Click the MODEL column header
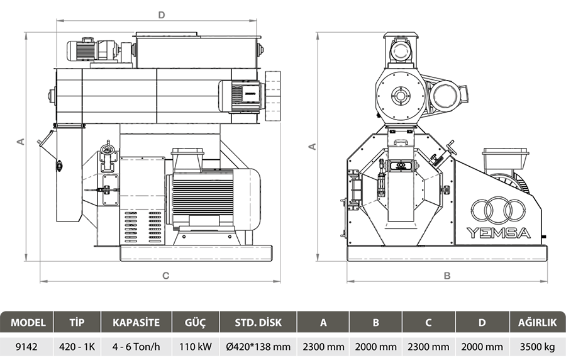pos(28,322)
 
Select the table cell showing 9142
pos(26,347)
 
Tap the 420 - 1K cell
pos(77,347)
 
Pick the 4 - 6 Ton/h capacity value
pos(136,347)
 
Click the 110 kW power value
pos(196,347)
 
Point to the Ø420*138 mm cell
pos(258,347)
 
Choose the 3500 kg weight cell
pos(537,347)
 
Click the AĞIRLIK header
pos(538,322)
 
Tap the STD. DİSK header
pos(258,322)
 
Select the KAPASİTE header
pos(136,322)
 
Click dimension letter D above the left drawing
pos(162,15)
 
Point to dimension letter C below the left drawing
pos(165,276)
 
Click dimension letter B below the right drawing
pos(447,276)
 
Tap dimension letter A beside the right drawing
pos(313,147)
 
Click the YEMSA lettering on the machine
pos(499,233)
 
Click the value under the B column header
pos(376,347)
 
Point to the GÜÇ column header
pos(196,322)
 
